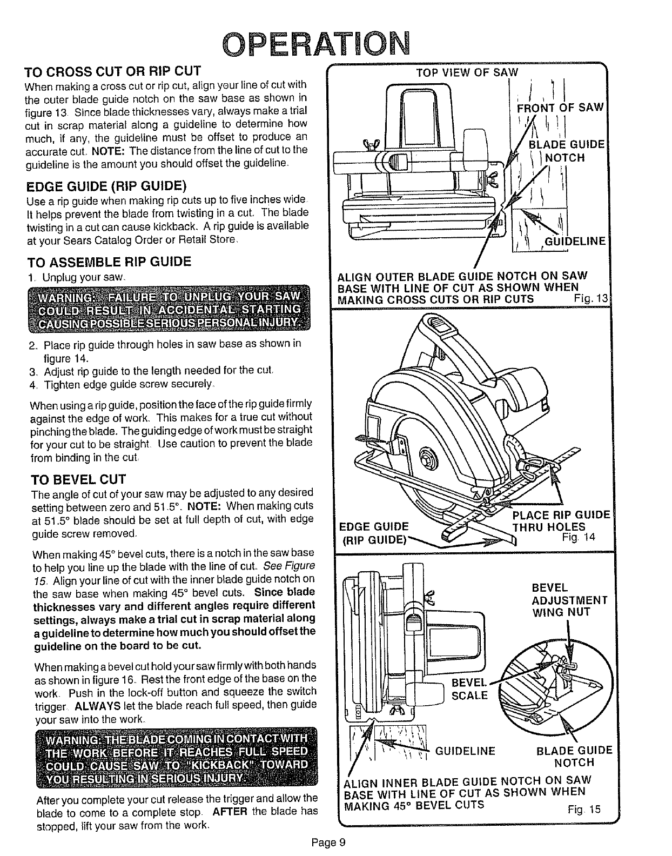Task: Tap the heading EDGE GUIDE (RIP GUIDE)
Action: (x=106, y=186)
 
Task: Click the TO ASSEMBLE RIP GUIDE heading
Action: (x=109, y=262)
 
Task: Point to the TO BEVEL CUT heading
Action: (x=79, y=479)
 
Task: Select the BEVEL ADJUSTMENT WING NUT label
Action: (x=569, y=600)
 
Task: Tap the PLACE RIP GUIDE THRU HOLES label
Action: (x=561, y=520)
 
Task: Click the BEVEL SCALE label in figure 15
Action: (x=469, y=688)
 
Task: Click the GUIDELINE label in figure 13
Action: (x=576, y=241)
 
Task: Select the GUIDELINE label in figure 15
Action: (x=465, y=751)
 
